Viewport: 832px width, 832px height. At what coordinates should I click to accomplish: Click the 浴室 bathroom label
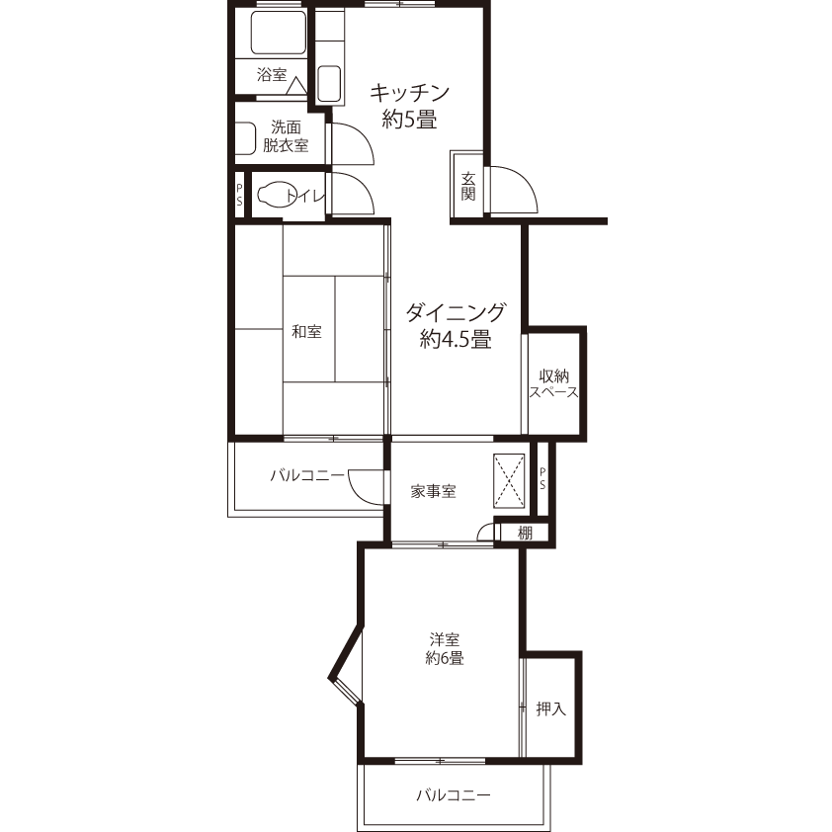pyautogui.click(x=272, y=75)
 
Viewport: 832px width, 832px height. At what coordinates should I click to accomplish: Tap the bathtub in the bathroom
pyautogui.click(x=278, y=33)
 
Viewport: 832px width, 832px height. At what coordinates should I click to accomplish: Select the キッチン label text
pyautogui.click(x=410, y=94)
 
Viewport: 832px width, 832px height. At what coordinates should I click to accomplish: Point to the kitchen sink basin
pyautogui.click(x=329, y=84)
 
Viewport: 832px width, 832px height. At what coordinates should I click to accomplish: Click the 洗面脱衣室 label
pyautogui.click(x=286, y=136)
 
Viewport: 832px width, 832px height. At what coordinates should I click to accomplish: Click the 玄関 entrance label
pyautogui.click(x=468, y=186)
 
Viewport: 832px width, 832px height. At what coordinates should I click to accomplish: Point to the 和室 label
pyautogui.click(x=306, y=332)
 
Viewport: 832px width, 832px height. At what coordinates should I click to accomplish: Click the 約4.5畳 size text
pyautogui.click(x=456, y=339)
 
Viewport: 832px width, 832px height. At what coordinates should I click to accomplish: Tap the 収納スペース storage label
pyautogui.click(x=554, y=384)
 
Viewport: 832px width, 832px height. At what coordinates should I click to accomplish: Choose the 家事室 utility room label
pyautogui.click(x=433, y=491)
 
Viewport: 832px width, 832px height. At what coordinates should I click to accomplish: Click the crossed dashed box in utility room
pyautogui.click(x=510, y=481)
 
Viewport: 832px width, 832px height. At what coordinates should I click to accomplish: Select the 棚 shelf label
pyautogui.click(x=525, y=533)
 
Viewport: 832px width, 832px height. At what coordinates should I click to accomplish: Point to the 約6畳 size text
pyautogui.click(x=445, y=658)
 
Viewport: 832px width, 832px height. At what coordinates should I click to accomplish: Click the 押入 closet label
pyautogui.click(x=550, y=708)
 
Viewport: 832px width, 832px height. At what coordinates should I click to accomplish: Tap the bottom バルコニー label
pyautogui.click(x=454, y=794)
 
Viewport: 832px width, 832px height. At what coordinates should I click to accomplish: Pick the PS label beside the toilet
pyautogui.click(x=239, y=195)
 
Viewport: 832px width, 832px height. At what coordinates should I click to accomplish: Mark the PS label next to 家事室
pyautogui.click(x=542, y=478)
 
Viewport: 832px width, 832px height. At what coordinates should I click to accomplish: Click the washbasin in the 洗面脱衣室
pyautogui.click(x=245, y=138)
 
